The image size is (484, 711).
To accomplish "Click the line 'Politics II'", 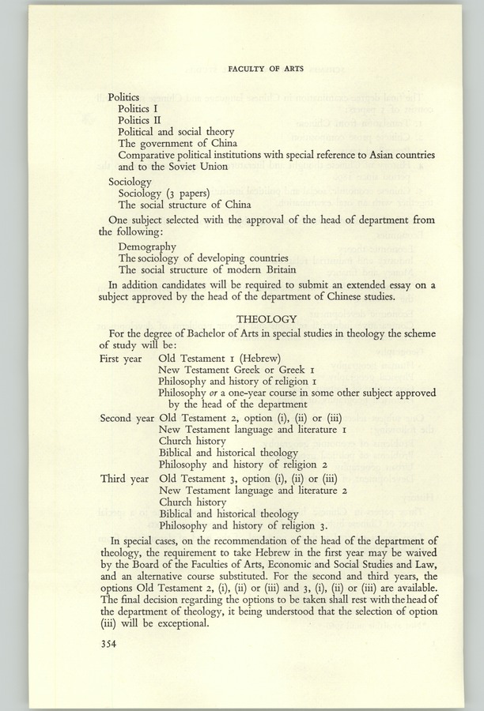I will coord(139,118).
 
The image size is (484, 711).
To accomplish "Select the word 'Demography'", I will coord(147,246).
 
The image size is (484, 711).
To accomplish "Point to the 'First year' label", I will coord(120,358).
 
